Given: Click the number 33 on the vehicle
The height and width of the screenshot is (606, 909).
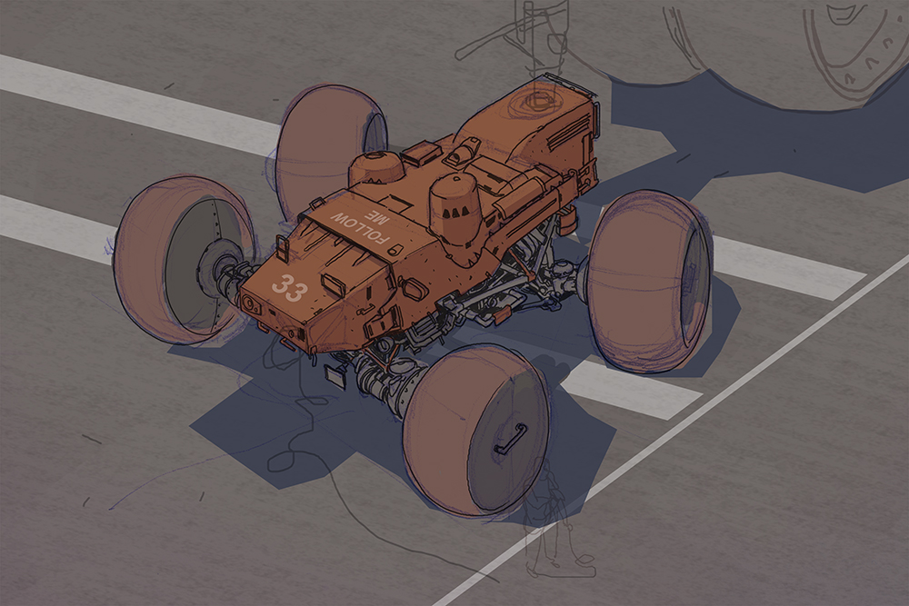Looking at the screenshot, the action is click(x=289, y=288).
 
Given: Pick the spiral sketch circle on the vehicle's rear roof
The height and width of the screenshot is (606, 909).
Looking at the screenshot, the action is click(x=531, y=102).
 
